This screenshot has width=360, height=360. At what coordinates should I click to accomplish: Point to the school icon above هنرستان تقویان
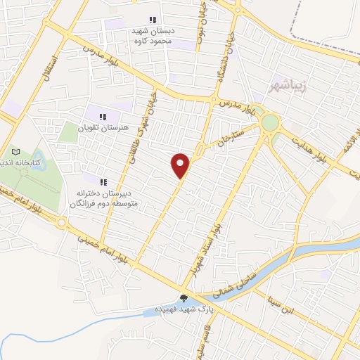coord(103,117)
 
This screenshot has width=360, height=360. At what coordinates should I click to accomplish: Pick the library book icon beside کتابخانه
coord(15,151)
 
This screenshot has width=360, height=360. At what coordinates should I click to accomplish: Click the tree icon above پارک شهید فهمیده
coord(184,298)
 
